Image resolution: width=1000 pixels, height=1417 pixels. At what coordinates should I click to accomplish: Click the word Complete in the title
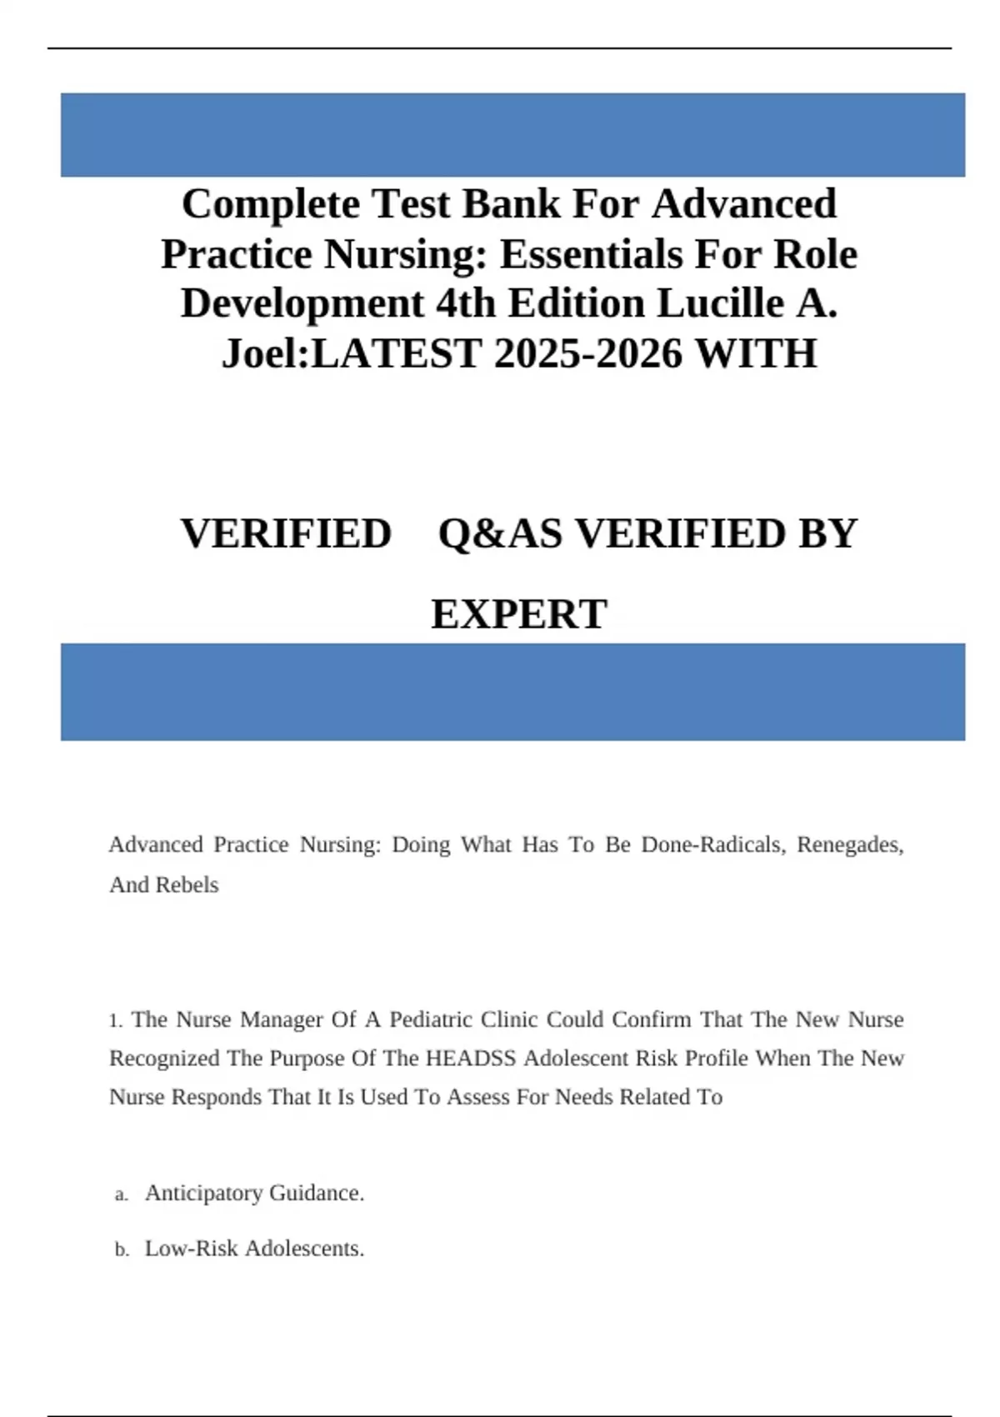click(x=270, y=205)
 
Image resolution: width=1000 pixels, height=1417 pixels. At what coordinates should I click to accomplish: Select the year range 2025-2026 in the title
click(x=588, y=353)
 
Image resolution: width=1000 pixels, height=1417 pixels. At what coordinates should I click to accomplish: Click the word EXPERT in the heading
click(x=518, y=615)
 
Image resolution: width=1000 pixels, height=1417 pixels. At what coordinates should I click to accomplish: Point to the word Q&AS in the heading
click(x=500, y=534)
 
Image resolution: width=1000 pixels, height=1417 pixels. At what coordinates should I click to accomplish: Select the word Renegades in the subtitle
click(x=849, y=845)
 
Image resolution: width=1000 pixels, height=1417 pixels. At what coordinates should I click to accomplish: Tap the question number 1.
click(x=114, y=1021)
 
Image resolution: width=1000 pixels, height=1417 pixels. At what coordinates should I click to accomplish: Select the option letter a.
click(x=121, y=1195)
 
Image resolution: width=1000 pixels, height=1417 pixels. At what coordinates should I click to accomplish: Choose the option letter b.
click(x=121, y=1250)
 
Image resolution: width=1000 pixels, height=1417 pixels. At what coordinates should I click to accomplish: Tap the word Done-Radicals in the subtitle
click(x=712, y=845)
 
